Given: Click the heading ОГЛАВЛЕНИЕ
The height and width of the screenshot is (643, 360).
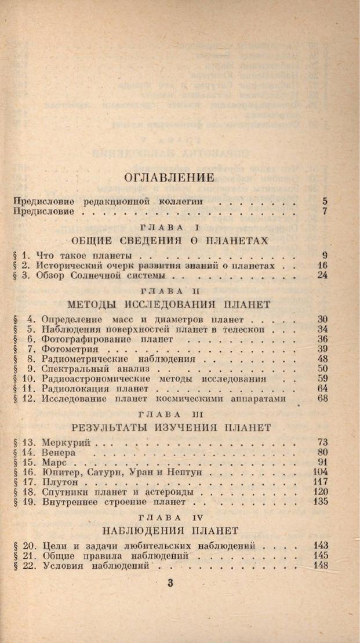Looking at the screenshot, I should point(169,178).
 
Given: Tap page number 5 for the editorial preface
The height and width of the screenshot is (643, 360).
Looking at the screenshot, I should point(325,201).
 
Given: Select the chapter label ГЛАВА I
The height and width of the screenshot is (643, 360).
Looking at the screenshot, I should point(169,227).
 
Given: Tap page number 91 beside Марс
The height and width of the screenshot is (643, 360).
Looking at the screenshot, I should point(323,462).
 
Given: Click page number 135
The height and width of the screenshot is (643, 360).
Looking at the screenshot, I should point(321,502).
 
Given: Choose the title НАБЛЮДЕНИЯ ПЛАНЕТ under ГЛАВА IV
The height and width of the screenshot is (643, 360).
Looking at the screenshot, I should point(169,530).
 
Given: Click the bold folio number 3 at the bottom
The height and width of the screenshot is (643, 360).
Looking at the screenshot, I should point(170,583).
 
